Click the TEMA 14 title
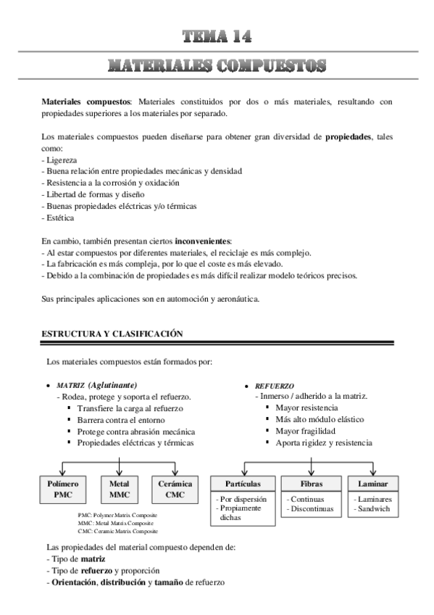point(217,36)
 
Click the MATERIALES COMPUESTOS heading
point(217,66)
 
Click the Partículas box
point(243,484)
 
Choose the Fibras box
point(312,484)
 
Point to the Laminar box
point(373,484)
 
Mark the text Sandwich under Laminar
point(374,509)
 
